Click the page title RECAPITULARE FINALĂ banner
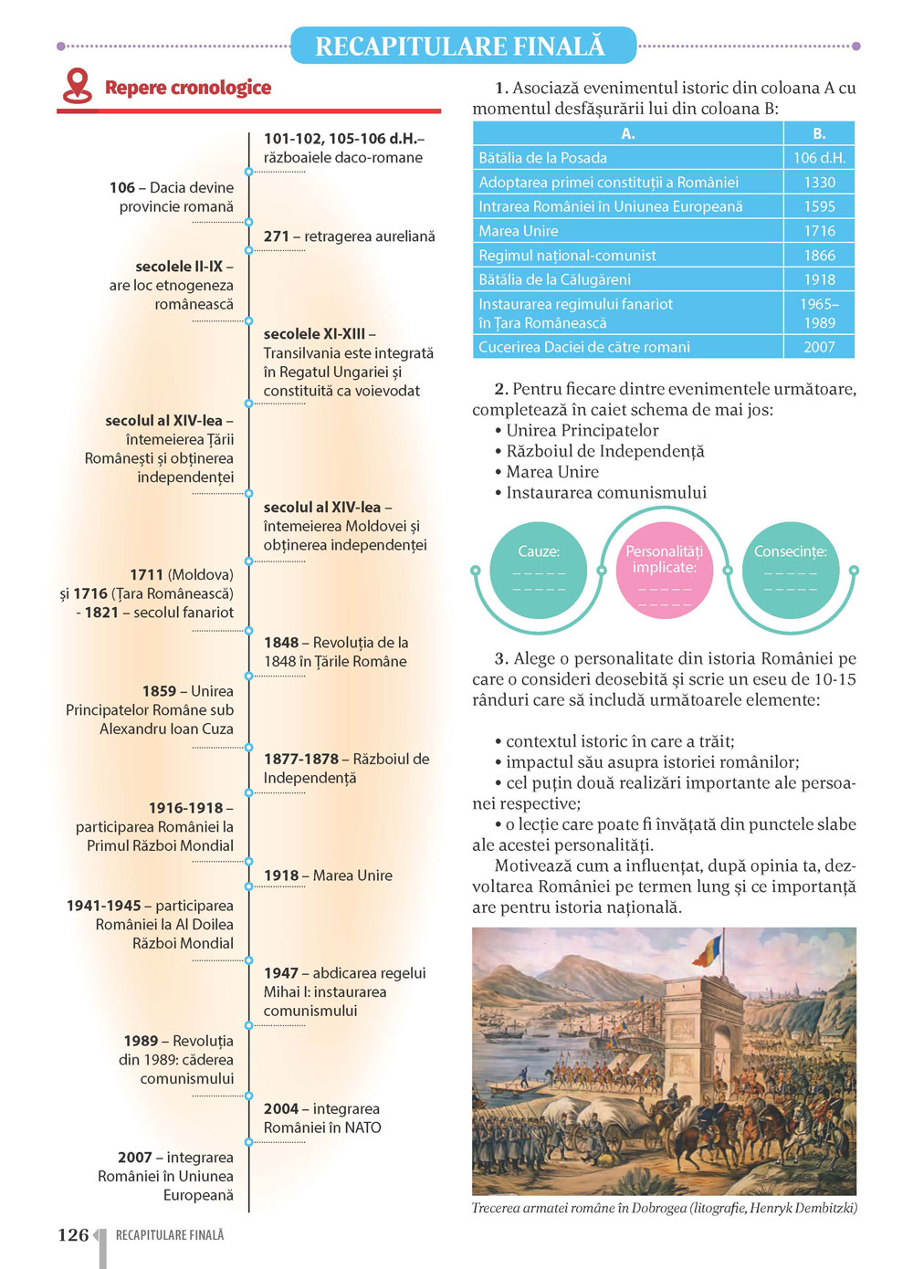pos(462,46)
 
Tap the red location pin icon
pos(77,86)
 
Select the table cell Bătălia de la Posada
pos(542,158)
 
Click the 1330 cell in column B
pos(819,183)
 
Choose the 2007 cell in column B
pos(819,347)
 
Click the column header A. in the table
pos(628,133)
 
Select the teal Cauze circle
pos(539,571)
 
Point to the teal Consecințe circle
pos(790,571)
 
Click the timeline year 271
pos(277,236)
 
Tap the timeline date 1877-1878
pos(300,759)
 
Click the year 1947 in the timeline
pos(281,973)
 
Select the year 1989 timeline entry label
pos(142,1041)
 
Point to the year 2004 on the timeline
pos(281,1108)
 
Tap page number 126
pos(73,1235)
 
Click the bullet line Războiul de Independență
pos(605,451)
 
